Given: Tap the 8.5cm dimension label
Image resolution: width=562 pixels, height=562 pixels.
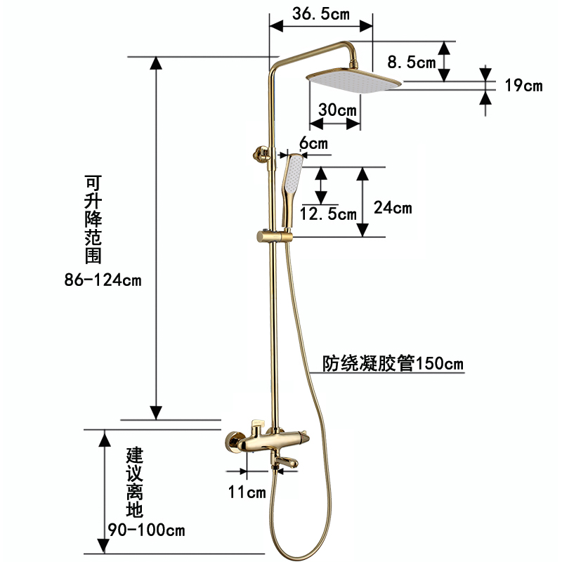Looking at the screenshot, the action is click(412, 63).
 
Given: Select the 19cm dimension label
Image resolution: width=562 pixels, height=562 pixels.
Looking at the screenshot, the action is click(523, 86).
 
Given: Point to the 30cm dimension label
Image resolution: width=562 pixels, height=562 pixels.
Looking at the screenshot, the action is click(336, 110).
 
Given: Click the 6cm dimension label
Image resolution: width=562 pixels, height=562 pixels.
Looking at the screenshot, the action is click(313, 143).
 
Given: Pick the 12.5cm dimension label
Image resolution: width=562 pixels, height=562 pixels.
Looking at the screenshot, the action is click(328, 214).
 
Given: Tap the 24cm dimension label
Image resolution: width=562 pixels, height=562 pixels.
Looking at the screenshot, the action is click(393, 208).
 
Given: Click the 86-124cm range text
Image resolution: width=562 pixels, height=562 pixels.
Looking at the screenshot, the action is click(103, 280).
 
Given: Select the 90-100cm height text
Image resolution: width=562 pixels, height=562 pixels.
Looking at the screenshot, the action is click(145, 529).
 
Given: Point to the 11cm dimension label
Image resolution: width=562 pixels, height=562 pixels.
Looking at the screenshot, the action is click(247, 492).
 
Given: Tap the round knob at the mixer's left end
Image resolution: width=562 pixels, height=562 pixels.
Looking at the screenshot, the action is click(230, 443).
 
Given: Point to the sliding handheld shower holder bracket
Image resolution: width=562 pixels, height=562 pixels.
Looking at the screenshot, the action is click(265, 236).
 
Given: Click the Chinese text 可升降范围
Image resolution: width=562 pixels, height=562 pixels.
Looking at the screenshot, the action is click(92, 218).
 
